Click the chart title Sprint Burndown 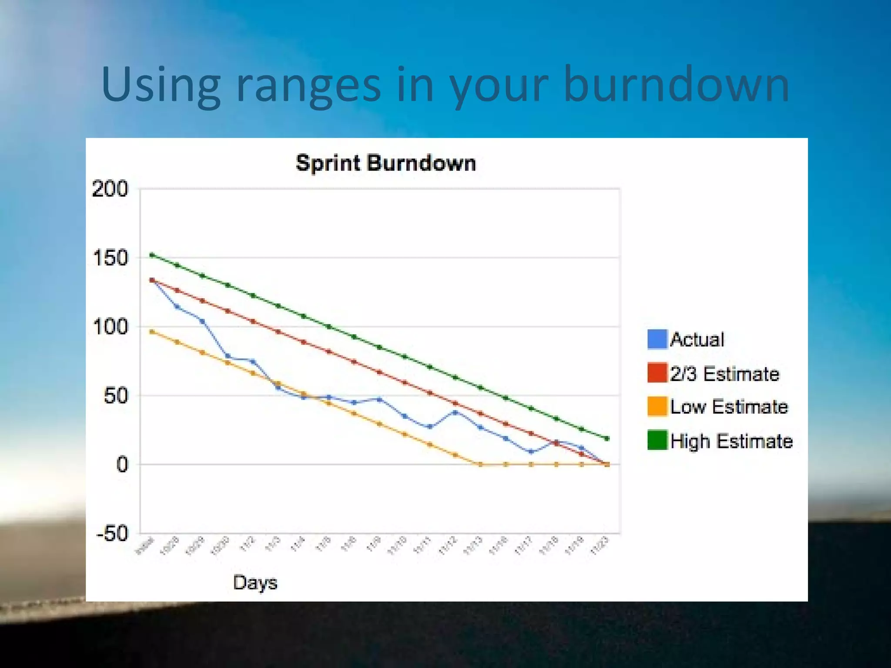click(x=386, y=164)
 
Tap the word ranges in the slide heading click(x=308, y=85)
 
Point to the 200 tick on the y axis click(x=111, y=189)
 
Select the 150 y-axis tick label click(x=111, y=258)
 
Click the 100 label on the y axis click(x=111, y=327)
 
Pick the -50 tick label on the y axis click(x=112, y=533)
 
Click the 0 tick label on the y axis click(x=122, y=464)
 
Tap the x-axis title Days click(x=255, y=583)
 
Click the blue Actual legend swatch click(x=657, y=339)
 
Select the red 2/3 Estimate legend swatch click(x=657, y=373)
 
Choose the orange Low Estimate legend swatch click(x=657, y=407)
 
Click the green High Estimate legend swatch click(x=657, y=440)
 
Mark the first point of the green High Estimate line click(x=152, y=255)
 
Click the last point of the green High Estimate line click(x=607, y=438)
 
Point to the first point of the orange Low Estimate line click(x=152, y=332)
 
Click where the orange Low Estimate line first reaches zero click(x=481, y=464)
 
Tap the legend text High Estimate click(x=731, y=441)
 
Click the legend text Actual click(x=697, y=340)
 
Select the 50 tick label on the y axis click(x=116, y=396)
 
